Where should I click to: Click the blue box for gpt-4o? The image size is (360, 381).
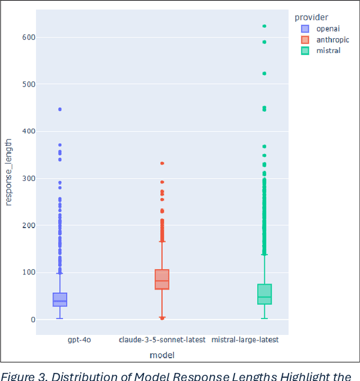click(60, 300)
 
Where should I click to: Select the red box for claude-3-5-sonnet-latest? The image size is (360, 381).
click(162, 279)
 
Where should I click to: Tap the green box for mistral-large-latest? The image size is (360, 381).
click(264, 294)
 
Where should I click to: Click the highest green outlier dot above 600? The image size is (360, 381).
click(264, 26)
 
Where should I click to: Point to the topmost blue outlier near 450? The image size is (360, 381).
click(60, 109)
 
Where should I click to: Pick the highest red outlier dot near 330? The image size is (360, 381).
click(162, 163)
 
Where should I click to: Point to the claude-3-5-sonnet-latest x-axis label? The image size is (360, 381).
click(162, 340)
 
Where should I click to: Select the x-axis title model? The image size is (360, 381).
click(162, 355)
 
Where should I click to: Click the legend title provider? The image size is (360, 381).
click(311, 17)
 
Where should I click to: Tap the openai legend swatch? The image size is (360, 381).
click(305, 29)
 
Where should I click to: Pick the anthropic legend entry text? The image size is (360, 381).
click(332, 40)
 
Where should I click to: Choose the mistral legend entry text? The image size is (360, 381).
click(328, 51)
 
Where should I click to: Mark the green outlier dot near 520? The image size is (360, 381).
click(264, 74)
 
